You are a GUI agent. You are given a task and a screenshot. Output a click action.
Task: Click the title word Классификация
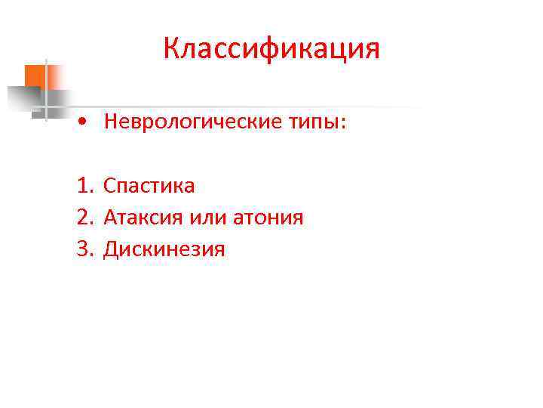(x=271, y=50)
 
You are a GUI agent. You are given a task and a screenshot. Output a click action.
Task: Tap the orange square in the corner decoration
(x=35, y=76)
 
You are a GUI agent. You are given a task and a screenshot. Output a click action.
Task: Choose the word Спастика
(x=149, y=186)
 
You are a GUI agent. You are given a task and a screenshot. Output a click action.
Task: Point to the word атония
(x=265, y=218)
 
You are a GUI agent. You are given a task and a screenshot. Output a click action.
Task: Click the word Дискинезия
(x=164, y=249)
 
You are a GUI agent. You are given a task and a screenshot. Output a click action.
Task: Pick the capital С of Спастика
(x=110, y=186)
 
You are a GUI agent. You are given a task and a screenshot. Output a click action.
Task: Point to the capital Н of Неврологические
(x=112, y=122)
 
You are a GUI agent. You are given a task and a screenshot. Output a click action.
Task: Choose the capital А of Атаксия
(x=111, y=218)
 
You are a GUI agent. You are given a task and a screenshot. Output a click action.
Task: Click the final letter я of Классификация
(x=372, y=51)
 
